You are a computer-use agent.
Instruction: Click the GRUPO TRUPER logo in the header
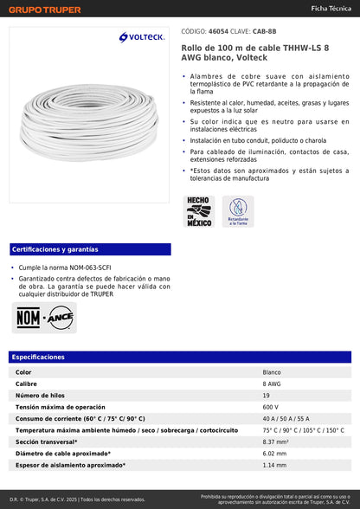click(x=45, y=10)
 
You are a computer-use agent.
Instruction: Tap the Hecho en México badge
click(x=199, y=211)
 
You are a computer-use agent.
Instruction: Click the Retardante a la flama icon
click(x=237, y=211)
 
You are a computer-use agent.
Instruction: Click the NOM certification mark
click(x=27, y=319)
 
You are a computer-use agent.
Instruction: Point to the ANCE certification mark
click(x=60, y=319)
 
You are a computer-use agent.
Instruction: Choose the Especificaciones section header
click(x=38, y=357)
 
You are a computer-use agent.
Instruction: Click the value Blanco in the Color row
click(x=272, y=371)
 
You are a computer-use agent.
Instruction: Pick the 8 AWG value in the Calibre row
click(x=272, y=383)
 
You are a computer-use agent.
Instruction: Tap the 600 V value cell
click(x=271, y=407)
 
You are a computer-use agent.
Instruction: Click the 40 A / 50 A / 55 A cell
click(x=286, y=418)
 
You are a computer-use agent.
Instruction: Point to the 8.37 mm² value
click(x=276, y=441)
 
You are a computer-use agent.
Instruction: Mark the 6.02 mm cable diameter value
click(x=274, y=454)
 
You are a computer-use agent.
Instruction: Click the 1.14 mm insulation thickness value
click(x=274, y=465)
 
